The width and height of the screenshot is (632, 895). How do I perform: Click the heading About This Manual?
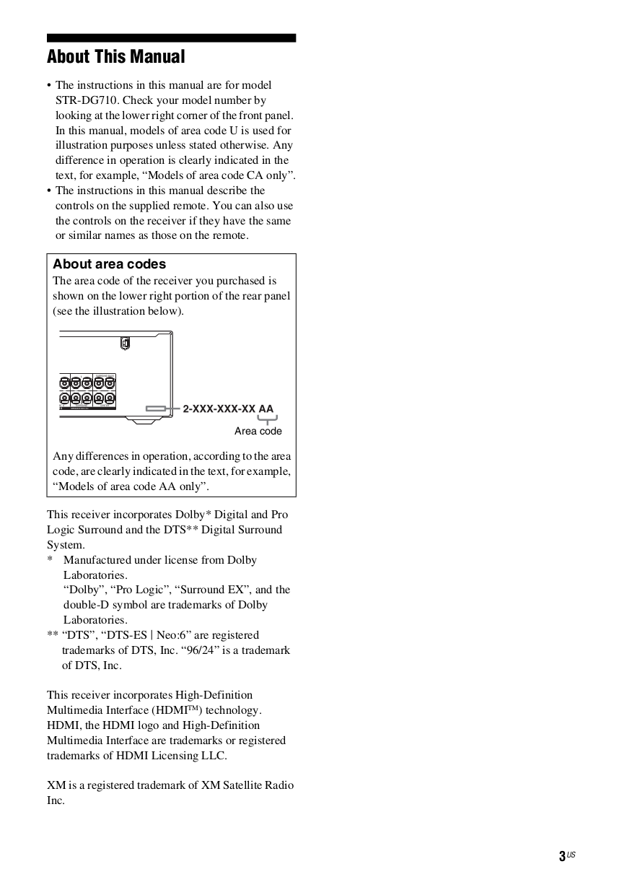[x=116, y=57]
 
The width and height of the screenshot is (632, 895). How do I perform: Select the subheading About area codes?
[x=109, y=264]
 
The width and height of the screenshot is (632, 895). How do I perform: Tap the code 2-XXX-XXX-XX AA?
[x=228, y=409]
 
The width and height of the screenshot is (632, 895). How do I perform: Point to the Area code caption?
[x=258, y=431]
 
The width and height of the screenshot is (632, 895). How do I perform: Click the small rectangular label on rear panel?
[x=156, y=409]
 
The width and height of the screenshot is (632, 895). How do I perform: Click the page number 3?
[x=561, y=857]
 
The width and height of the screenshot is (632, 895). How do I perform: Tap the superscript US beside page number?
[x=571, y=855]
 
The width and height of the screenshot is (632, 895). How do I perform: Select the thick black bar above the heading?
[x=171, y=38]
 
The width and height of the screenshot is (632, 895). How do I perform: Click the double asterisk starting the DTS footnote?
[x=53, y=635]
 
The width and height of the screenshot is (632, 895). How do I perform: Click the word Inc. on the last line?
[x=56, y=800]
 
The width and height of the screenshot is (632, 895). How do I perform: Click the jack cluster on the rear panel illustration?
[x=87, y=390]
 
